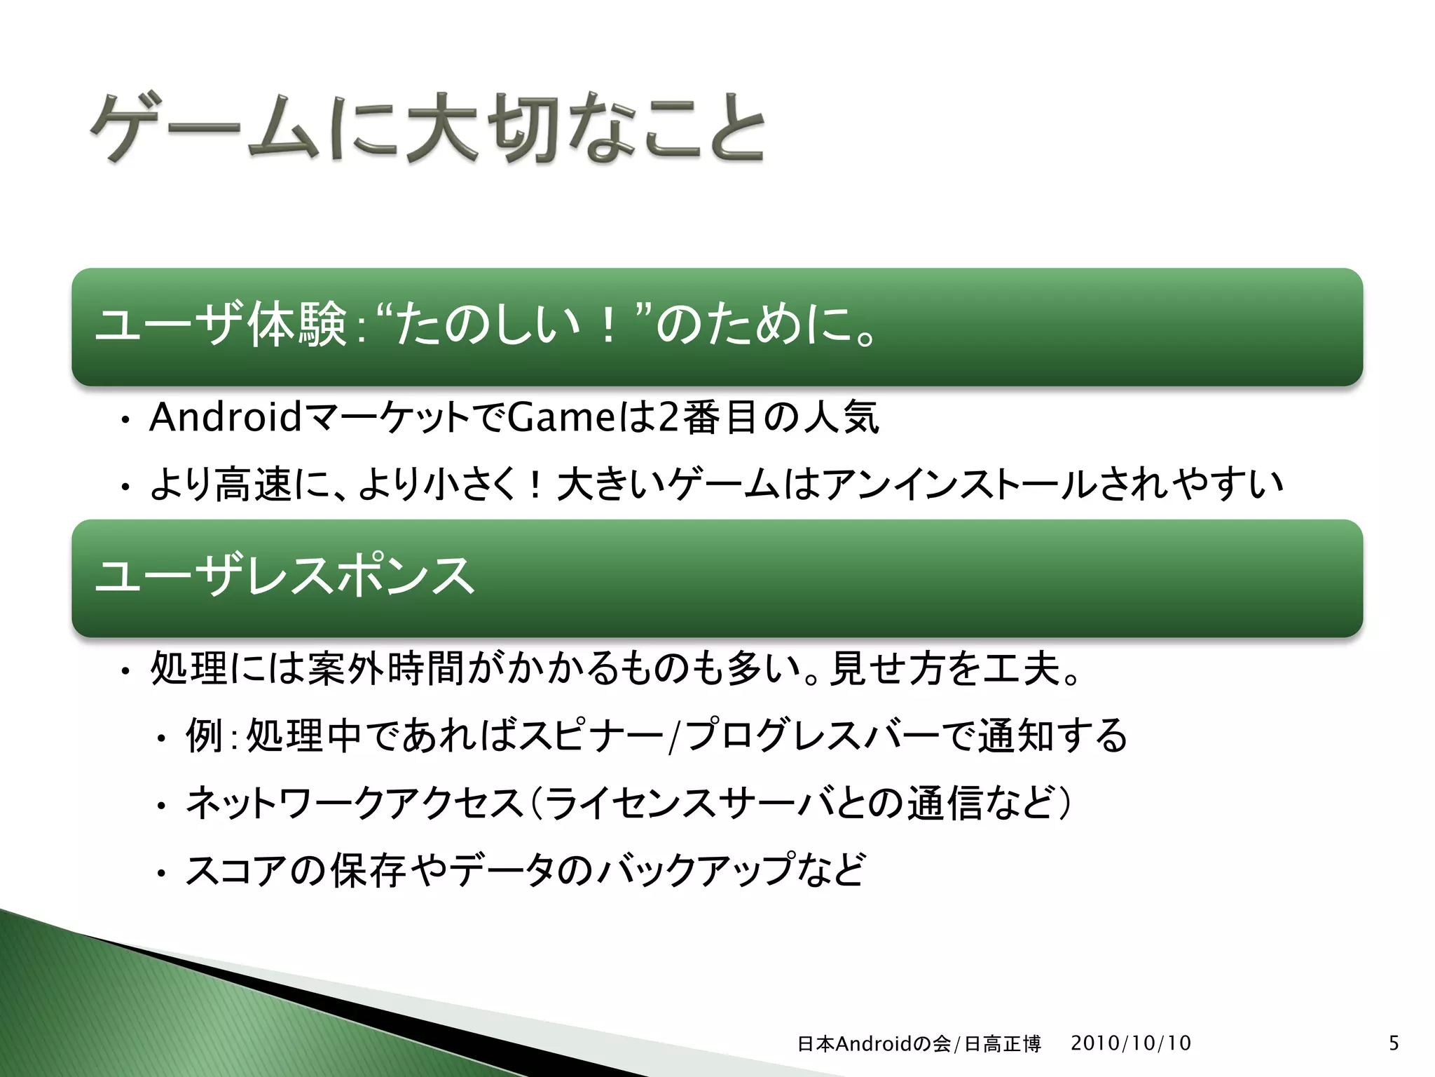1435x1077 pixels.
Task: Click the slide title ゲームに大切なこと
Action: tap(427, 130)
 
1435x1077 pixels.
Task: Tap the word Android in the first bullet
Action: tap(226, 418)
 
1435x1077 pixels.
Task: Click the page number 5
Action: tap(1394, 1043)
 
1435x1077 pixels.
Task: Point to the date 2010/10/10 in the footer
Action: tap(1130, 1043)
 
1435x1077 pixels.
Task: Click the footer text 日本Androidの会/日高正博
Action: tap(919, 1044)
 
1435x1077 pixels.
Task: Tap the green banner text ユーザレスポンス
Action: tap(284, 576)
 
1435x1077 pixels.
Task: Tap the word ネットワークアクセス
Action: tap(354, 804)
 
